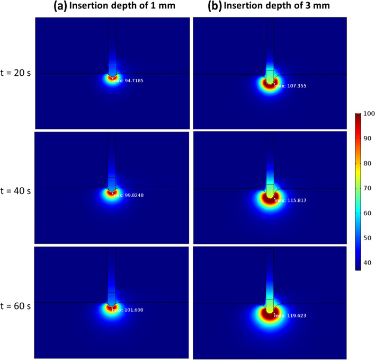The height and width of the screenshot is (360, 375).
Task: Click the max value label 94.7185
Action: [x=128, y=82]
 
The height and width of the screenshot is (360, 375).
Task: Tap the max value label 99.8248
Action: [x=128, y=197]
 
